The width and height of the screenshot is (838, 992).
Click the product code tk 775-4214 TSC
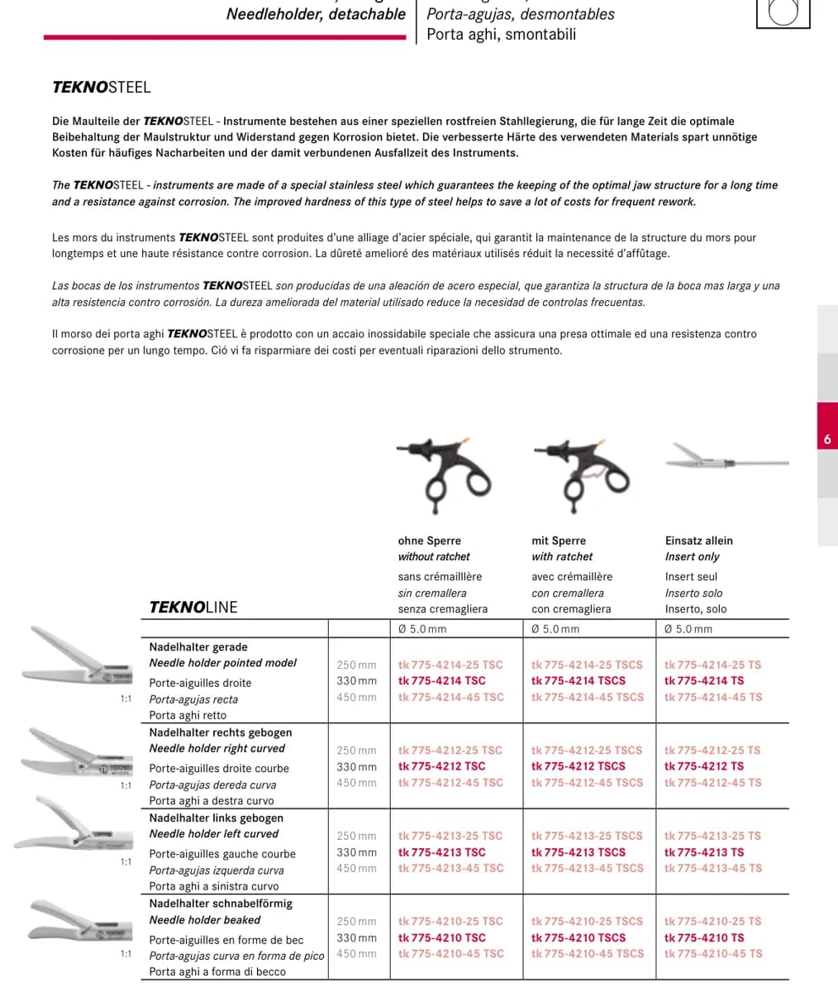click(x=442, y=681)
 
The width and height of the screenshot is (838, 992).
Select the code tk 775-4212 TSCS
click(x=579, y=766)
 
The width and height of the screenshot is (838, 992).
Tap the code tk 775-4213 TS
click(x=704, y=852)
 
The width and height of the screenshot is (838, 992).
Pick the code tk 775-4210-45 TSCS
click(x=587, y=953)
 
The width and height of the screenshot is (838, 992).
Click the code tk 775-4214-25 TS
click(x=712, y=665)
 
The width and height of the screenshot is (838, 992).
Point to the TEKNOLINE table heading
click(x=193, y=607)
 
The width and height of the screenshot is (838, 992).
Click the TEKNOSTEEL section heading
click(x=101, y=88)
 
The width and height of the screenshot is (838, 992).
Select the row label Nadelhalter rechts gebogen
click(x=221, y=732)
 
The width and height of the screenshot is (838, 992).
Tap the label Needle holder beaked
click(x=205, y=920)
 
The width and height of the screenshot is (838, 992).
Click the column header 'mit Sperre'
click(x=559, y=541)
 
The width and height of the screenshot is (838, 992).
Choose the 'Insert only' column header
click(x=693, y=556)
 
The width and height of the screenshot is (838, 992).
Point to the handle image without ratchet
click(x=444, y=476)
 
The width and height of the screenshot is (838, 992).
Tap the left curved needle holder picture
click(x=74, y=825)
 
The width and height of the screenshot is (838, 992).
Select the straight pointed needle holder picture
click(x=76, y=656)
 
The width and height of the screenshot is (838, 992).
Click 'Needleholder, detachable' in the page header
click(x=316, y=14)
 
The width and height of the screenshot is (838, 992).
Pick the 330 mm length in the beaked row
click(x=356, y=937)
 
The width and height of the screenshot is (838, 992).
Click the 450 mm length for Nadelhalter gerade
click(x=356, y=698)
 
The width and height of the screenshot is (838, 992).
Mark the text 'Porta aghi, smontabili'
click(x=501, y=34)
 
